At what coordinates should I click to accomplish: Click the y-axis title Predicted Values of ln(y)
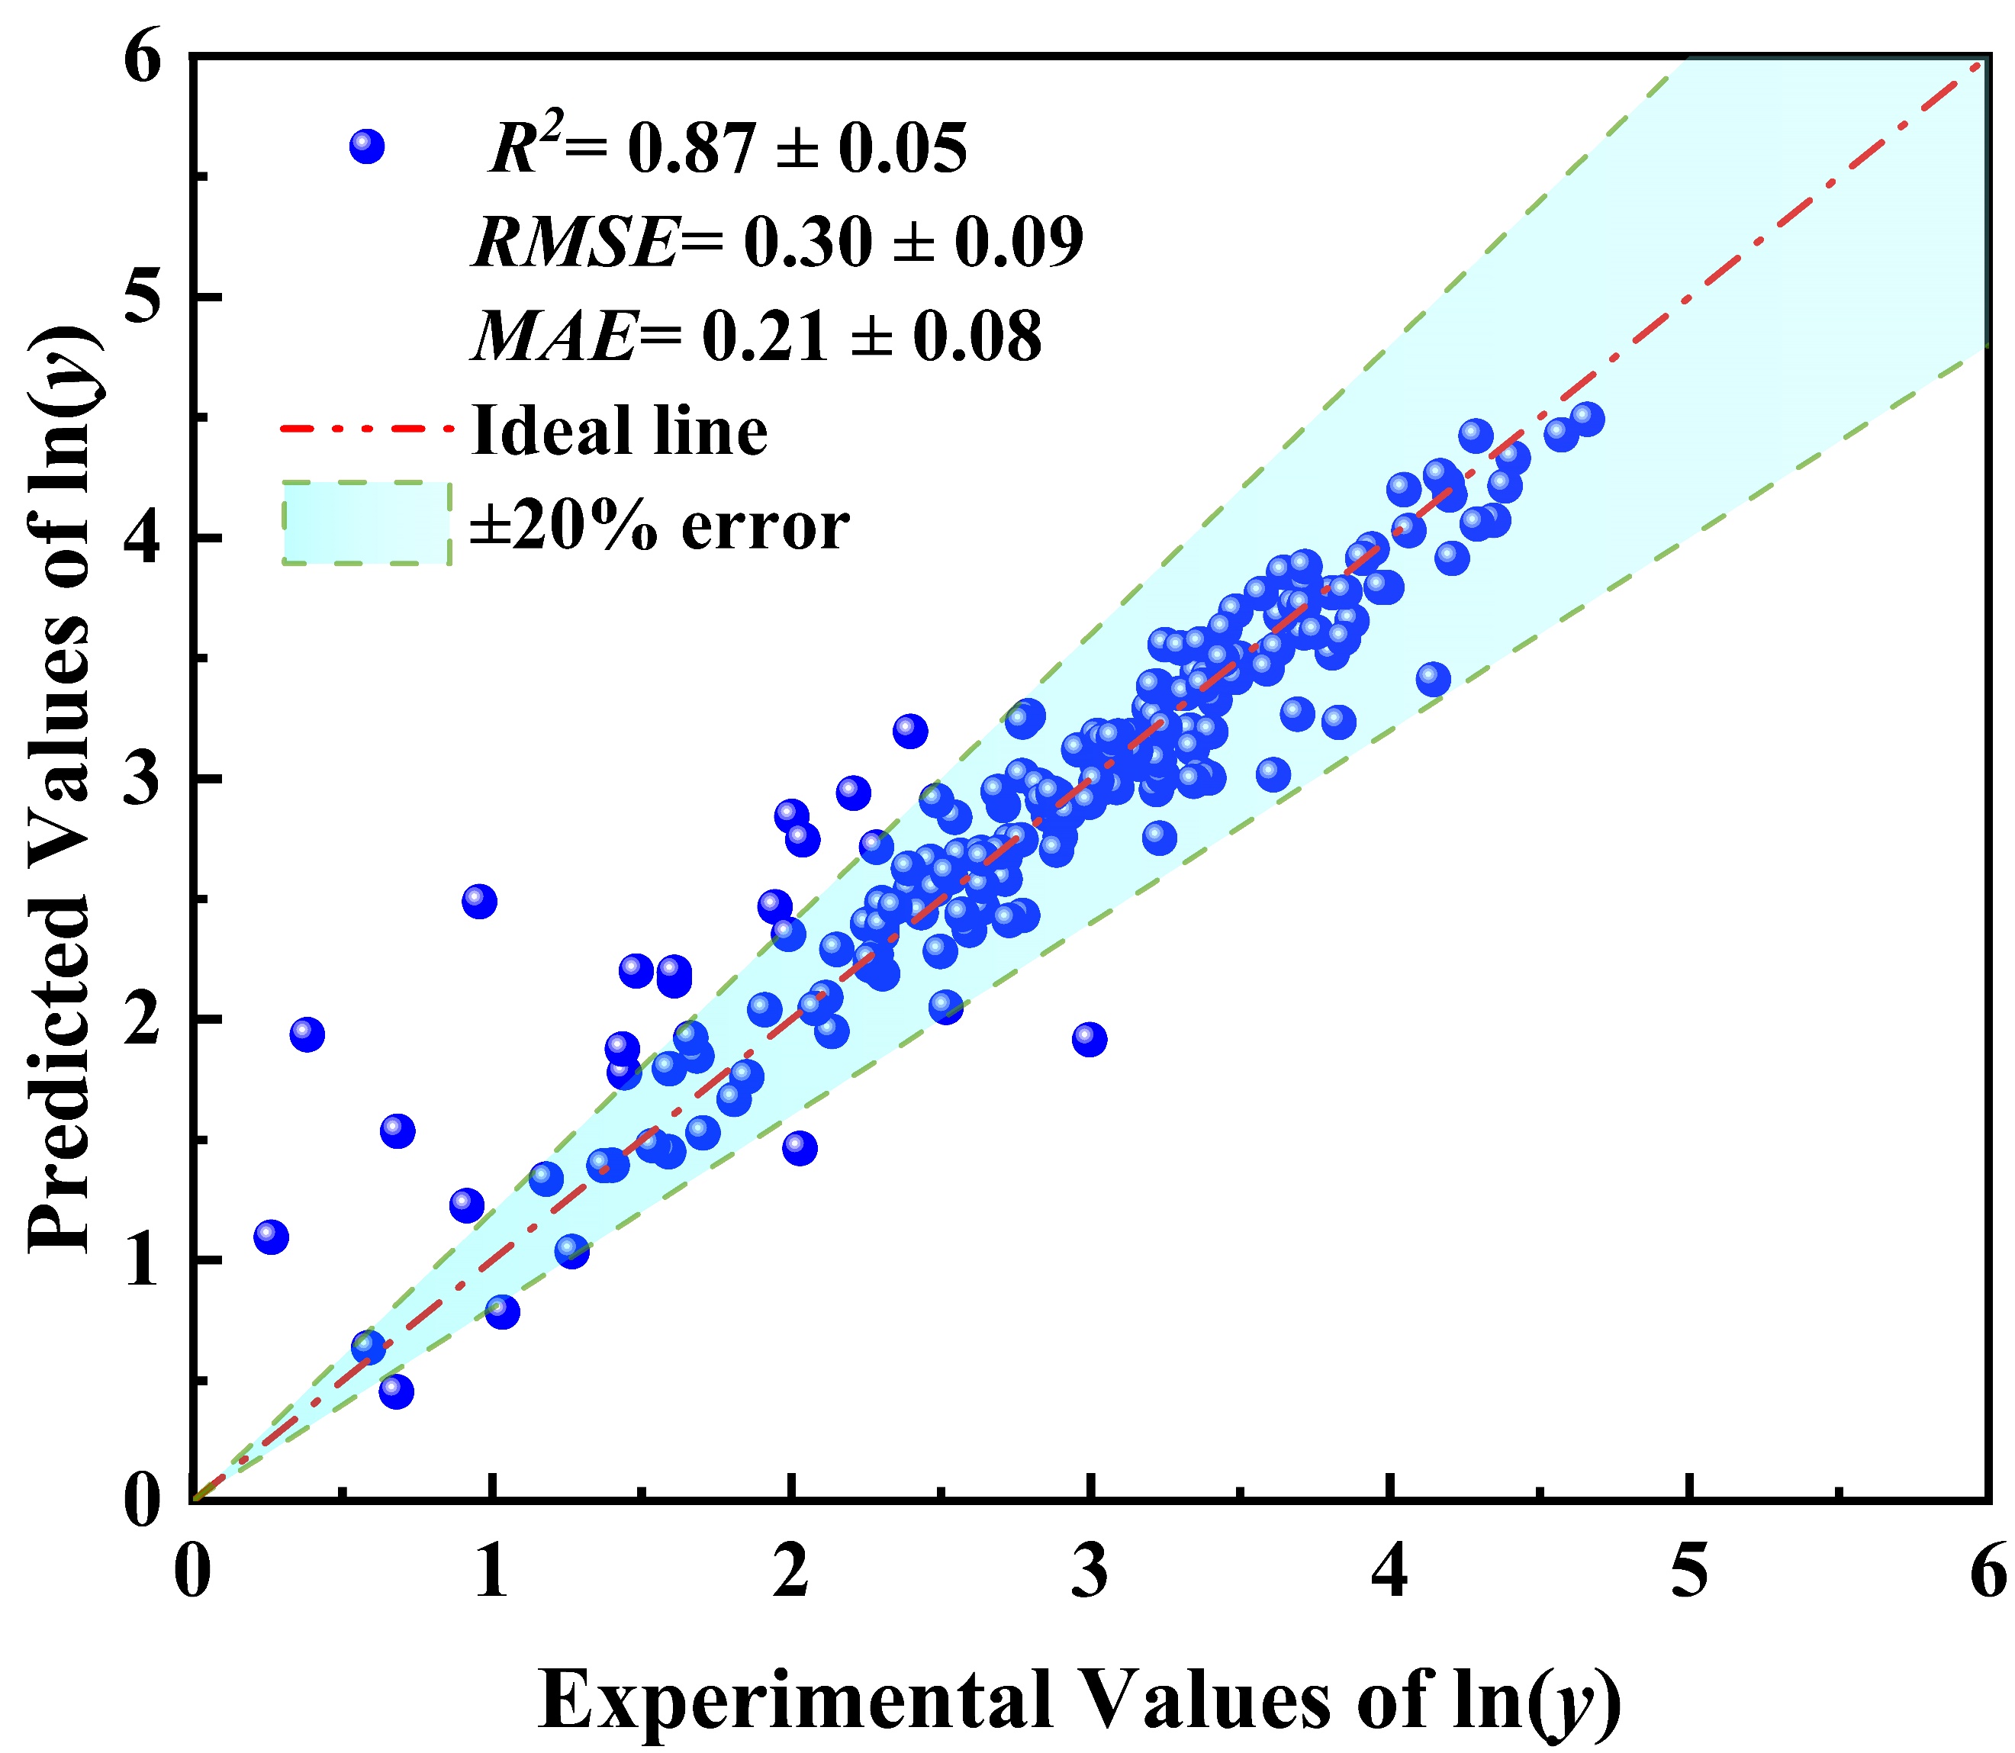coord(60,783)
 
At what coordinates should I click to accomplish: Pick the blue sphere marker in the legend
coord(367,146)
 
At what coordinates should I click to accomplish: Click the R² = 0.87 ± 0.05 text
coord(728,149)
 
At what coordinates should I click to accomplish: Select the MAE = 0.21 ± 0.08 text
coord(757,336)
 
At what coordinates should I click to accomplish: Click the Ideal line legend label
coord(620,430)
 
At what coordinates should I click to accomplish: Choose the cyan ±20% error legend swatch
coord(367,523)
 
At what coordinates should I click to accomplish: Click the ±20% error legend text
coord(659,526)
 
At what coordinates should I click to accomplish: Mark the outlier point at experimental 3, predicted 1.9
coord(1089,1040)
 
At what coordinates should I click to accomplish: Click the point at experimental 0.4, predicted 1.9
coord(307,1034)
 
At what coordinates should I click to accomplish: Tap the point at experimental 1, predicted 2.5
coord(478,900)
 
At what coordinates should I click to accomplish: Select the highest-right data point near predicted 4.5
coord(1588,419)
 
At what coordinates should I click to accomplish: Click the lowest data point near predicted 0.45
coord(396,1391)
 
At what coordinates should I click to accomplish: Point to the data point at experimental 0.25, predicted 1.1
coord(271,1237)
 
